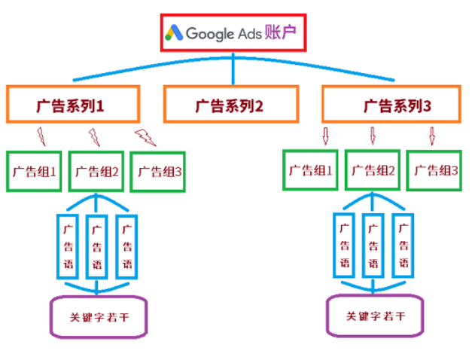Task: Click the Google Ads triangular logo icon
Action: (175, 32)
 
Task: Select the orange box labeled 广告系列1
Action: (73, 104)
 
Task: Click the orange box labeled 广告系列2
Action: (231, 105)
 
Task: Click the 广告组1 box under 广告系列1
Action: (34, 170)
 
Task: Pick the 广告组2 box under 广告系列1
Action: (97, 171)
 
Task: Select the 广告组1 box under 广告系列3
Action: (310, 169)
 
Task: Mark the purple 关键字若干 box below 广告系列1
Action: (98, 316)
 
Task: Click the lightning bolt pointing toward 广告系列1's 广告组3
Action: (145, 137)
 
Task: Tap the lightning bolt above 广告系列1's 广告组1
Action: (41, 136)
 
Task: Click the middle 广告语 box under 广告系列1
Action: (96, 246)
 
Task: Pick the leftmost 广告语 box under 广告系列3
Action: (344, 244)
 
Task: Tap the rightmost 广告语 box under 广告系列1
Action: (126, 245)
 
